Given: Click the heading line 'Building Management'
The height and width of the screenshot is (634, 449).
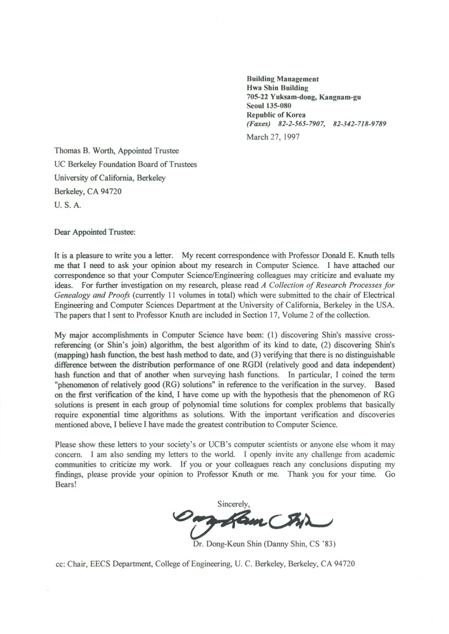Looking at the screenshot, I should [282, 79].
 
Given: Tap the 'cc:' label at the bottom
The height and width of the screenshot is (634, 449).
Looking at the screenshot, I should [60, 564].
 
